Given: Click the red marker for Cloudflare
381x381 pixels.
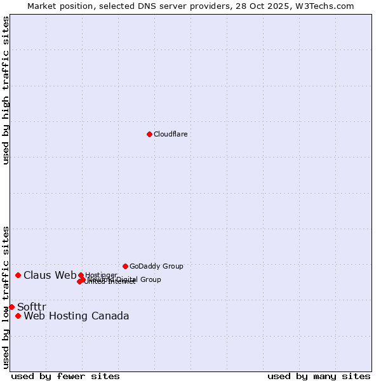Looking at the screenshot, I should click(149, 134).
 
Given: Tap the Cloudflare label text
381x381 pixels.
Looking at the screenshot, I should click(171, 134).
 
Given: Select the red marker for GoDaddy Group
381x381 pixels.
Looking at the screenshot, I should click(125, 266).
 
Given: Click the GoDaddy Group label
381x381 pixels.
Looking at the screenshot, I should click(156, 266).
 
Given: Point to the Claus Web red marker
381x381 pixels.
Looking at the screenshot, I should click(18, 275).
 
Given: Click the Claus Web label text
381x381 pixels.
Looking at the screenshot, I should click(50, 275).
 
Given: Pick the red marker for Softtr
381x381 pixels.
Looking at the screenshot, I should click(11, 307).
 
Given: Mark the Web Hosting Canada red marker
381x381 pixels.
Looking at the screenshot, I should click(18, 316).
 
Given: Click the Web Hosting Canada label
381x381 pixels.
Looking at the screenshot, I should click(76, 316).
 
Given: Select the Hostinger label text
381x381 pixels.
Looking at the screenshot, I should click(101, 275).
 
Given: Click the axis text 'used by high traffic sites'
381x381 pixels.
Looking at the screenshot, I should click(6, 90).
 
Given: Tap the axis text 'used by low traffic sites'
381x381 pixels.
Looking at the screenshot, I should click(6, 297).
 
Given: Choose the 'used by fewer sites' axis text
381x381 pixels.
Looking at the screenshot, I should click(65, 376).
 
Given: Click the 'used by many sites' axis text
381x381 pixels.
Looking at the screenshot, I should click(319, 376).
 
